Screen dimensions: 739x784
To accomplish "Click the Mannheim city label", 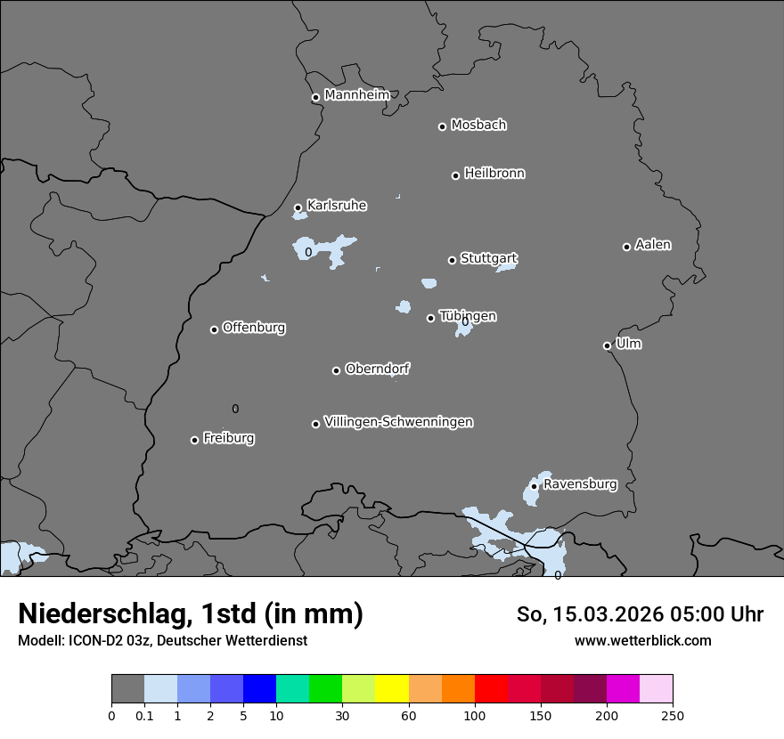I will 356,95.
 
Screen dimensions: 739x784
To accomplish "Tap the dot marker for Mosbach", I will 442,126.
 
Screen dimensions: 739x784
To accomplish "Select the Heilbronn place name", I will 494,174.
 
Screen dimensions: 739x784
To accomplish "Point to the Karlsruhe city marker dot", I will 298,207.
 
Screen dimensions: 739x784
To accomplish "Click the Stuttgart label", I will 488,259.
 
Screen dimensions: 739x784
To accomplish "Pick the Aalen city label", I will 653,245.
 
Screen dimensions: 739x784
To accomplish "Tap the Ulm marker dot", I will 607,345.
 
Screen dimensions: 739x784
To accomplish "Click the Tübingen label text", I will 468,316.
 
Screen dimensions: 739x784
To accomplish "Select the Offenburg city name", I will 254,328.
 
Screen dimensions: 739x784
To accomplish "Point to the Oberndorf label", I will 377,369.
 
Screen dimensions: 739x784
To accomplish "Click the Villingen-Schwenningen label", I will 398,422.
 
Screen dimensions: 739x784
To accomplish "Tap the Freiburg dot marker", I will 194,440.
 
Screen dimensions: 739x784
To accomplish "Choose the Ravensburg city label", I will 579,484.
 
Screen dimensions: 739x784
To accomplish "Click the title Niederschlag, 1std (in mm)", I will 191,613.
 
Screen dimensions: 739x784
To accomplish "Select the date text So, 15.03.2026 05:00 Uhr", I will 640,614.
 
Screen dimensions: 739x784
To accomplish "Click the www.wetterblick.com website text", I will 642,640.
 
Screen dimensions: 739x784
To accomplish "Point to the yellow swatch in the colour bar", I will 392,689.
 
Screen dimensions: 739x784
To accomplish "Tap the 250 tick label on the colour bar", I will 673,715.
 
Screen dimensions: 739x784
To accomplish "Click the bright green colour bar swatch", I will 326,689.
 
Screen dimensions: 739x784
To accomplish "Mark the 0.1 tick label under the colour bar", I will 144,715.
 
